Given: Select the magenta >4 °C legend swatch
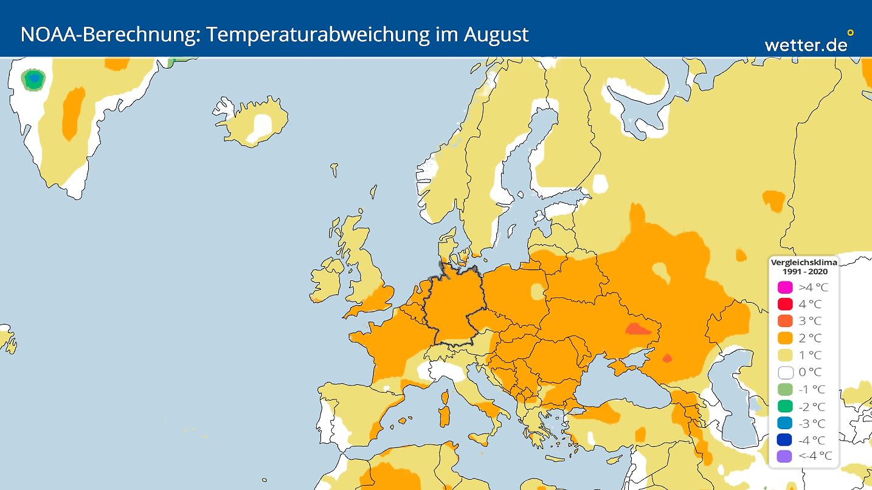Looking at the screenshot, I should [x=785, y=287].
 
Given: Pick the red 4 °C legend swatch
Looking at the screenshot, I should [x=785, y=304].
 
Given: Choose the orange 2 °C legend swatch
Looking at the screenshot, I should [x=785, y=338].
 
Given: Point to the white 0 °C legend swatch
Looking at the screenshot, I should [x=785, y=372].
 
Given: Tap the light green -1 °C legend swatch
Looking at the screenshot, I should [x=785, y=389].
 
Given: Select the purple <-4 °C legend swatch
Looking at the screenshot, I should [x=785, y=457].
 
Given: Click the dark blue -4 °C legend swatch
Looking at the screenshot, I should [x=785, y=440].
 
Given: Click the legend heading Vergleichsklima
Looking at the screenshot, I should [x=803, y=263].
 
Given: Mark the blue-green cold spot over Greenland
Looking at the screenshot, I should [x=34, y=79].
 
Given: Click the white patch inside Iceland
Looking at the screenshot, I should [x=263, y=125].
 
